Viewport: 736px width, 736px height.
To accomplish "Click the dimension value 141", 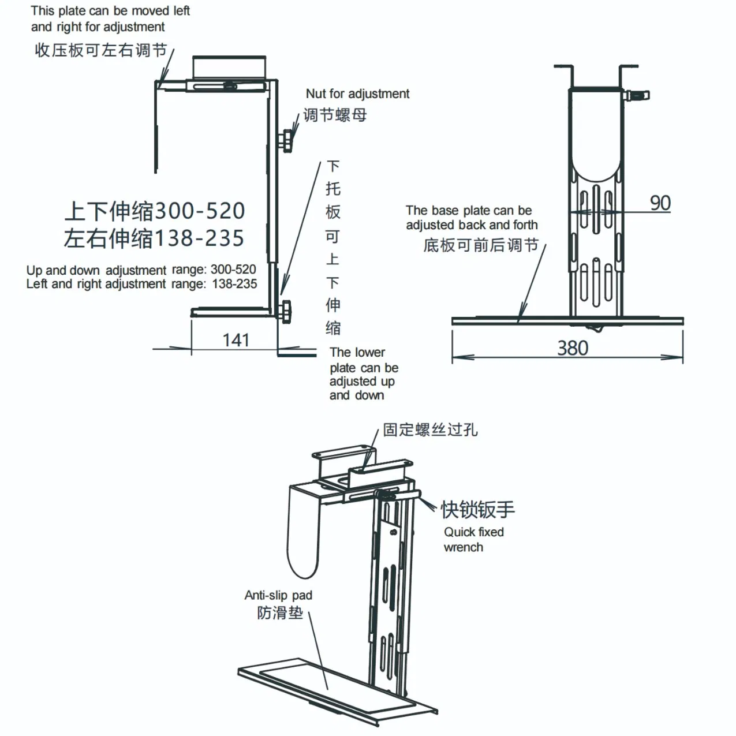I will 236,340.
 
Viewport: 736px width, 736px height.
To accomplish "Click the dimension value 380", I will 572,348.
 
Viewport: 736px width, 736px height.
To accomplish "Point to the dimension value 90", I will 660,203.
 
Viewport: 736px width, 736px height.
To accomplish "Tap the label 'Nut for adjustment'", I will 357,94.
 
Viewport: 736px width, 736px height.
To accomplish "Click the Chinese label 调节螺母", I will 335,115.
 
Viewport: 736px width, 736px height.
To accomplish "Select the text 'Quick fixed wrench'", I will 473,540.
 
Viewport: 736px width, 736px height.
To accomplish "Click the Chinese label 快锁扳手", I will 477,509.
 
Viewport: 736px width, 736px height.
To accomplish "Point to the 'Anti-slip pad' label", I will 278,595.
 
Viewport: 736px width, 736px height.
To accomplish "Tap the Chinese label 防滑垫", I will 280,612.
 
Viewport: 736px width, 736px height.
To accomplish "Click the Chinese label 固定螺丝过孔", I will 430,429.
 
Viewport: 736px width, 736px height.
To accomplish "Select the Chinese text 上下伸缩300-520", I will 155,211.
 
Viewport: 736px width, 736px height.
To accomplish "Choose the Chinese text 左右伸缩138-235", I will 154,238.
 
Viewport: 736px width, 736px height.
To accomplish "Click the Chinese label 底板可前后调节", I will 480,245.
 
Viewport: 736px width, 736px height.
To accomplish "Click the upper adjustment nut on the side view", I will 286,140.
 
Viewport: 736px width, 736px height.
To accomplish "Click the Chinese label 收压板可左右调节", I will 100,50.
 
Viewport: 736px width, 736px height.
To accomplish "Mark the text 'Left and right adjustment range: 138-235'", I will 141,284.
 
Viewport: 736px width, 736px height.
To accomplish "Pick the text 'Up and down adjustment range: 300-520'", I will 141,270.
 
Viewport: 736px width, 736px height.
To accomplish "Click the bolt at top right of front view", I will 638,95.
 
